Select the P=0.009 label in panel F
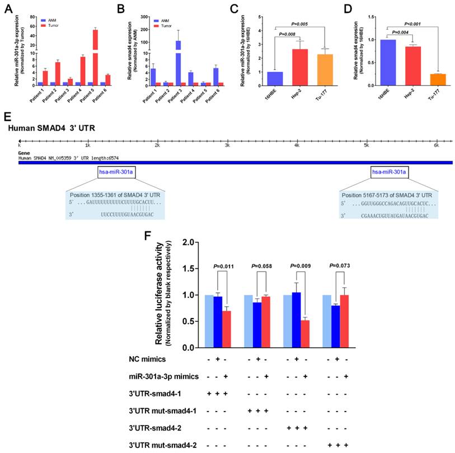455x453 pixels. pos(295,250)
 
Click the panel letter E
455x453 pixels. pos(7,116)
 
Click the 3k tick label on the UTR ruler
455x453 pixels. pos(228,146)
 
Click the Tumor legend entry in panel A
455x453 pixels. pos(51,25)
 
